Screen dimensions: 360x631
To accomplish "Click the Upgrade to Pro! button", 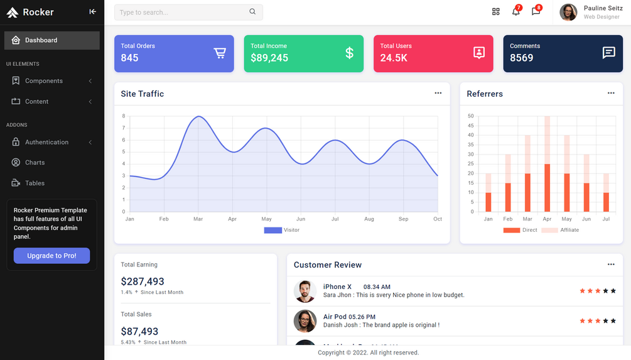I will click(x=51, y=256).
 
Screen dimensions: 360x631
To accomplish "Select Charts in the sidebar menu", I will click(x=35, y=163).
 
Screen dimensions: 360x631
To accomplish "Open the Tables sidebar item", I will click(x=35, y=183).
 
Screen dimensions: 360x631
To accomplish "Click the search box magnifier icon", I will click(x=252, y=12).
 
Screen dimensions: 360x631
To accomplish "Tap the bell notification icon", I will click(x=515, y=12).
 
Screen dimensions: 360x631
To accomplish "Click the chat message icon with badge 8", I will click(x=536, y=12).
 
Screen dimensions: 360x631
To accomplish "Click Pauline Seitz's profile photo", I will click(x=568, y=12).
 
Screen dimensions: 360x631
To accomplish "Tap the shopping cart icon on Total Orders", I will click(x=220, y=53).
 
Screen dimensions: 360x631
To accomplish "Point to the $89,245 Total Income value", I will click(x=269, y=58).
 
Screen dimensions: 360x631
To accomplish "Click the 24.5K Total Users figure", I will click(x=394, y=58).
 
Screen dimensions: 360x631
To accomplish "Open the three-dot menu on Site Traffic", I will click(x=438, y=93).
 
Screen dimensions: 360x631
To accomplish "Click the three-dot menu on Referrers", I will click(x=610, y=93).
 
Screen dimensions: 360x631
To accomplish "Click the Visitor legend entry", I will click(x=282, y=230).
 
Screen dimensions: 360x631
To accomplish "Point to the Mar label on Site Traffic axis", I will click(x=198, y=219).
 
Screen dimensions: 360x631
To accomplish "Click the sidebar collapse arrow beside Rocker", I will click(x=92, y=12).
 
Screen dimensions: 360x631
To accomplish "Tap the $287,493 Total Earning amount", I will click(x=143, y=281).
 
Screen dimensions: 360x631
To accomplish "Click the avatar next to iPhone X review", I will click(x=305, y=291).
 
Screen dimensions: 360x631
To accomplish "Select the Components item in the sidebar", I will click(x=44, y=81).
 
